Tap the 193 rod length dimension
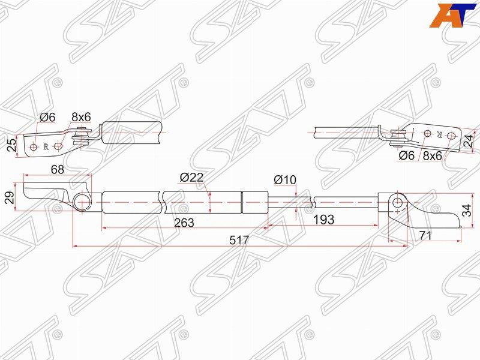click(x=323, y=220)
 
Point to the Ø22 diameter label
click(x=191, y=178)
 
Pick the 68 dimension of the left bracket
click(x=58, y=170)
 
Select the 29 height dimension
click(x=8, y=198)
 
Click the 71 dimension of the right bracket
click(x=426, y=236)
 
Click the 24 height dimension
click(x=469, y=142)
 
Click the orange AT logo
click(x=454, y=15)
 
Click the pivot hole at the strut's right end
click(x=397, y=202)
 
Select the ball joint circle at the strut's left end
click(x=83, y=201)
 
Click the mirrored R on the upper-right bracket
click(x=440, y=134)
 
